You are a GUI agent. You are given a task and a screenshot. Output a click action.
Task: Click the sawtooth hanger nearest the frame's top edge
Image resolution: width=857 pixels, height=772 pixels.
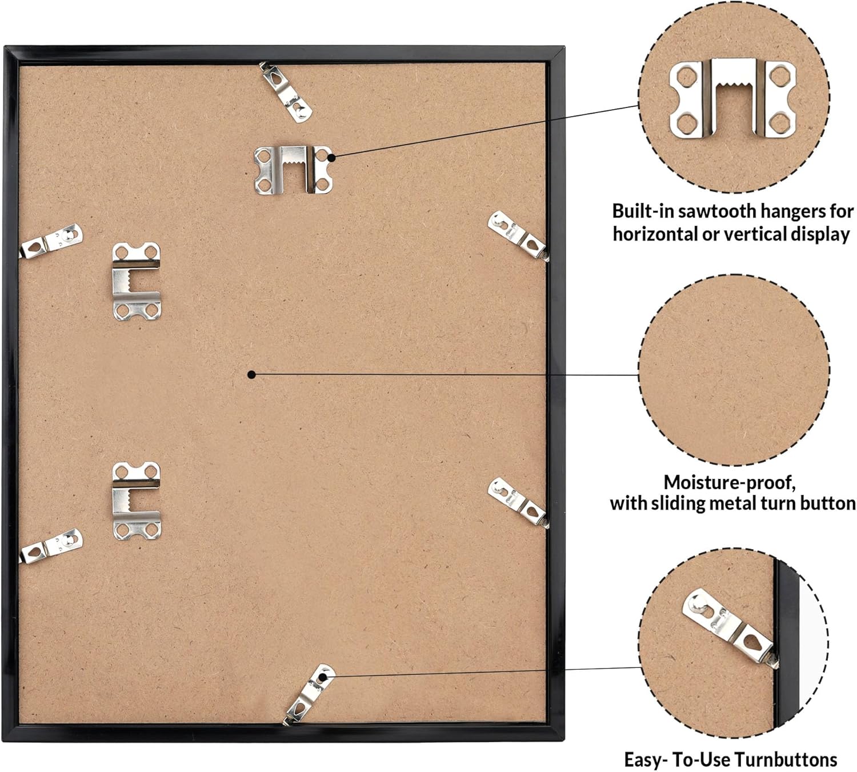tap(293, 170)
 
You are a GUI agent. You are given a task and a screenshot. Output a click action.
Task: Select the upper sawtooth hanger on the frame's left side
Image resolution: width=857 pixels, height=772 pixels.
tap(137, 281)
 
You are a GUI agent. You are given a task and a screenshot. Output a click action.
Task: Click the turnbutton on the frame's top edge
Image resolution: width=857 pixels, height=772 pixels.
tap(286, 92)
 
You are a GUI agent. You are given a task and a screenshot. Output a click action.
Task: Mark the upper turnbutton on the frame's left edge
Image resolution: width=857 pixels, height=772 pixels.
tap(51, 241)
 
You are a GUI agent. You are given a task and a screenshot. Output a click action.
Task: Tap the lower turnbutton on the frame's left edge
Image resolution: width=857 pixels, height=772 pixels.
tap(51, 546)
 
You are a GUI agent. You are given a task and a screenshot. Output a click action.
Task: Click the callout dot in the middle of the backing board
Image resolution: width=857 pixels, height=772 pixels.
tap(251, 375)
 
